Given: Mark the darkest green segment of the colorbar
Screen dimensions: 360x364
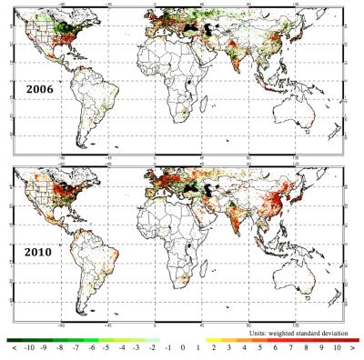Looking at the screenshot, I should click(x=16, y=339).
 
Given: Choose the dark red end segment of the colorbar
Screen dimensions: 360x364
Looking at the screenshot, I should click(x=346, y=339).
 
